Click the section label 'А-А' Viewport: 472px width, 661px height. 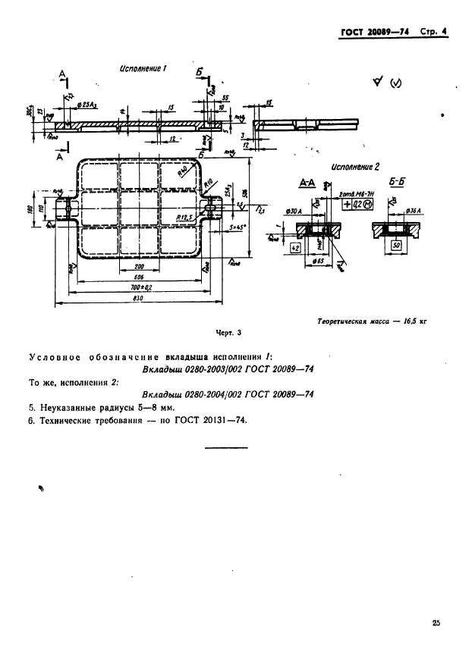(x=307, y=184)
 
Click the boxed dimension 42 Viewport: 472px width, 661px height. (x=296, y=247)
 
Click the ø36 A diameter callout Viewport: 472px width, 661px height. (x=414, y=210)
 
